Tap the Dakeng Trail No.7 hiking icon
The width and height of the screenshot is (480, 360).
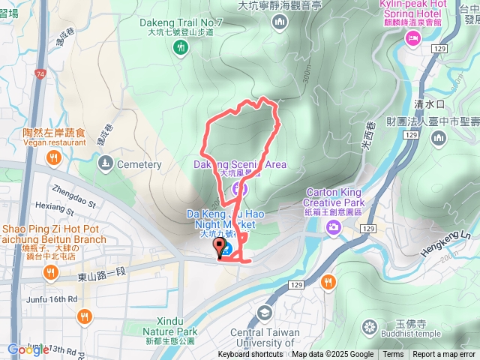181,48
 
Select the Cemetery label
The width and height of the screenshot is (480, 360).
139,164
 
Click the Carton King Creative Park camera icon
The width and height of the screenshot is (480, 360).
332,226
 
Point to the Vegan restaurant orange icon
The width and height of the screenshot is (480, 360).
53,157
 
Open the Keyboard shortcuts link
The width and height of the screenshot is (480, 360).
250,355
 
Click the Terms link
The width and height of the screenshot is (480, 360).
393,355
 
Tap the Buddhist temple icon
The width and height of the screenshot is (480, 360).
368,326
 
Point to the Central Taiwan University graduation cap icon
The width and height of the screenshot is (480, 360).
262,312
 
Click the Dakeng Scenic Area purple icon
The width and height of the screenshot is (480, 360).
236,187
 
